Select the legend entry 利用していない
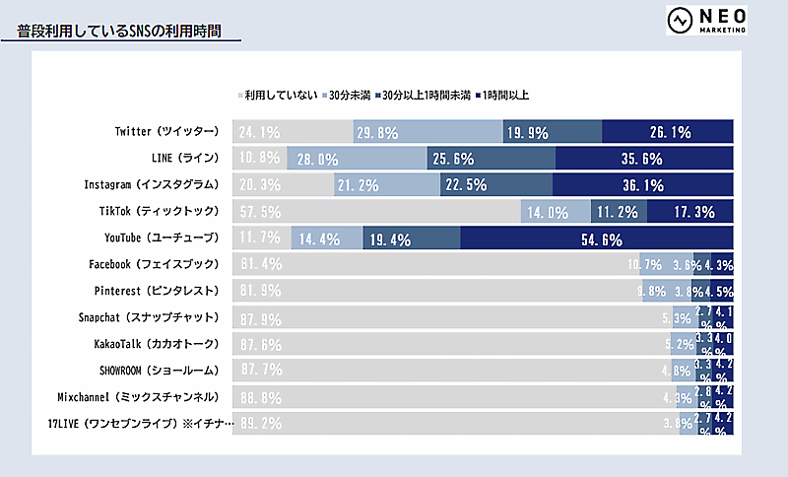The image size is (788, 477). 279,95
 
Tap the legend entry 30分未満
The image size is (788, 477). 349,95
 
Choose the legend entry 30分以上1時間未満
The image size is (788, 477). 425,95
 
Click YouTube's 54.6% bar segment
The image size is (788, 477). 597,238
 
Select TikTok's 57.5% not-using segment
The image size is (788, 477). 376,211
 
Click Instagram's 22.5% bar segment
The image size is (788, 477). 495,184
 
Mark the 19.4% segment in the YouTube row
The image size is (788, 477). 411,238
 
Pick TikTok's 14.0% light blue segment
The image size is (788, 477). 555,211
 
